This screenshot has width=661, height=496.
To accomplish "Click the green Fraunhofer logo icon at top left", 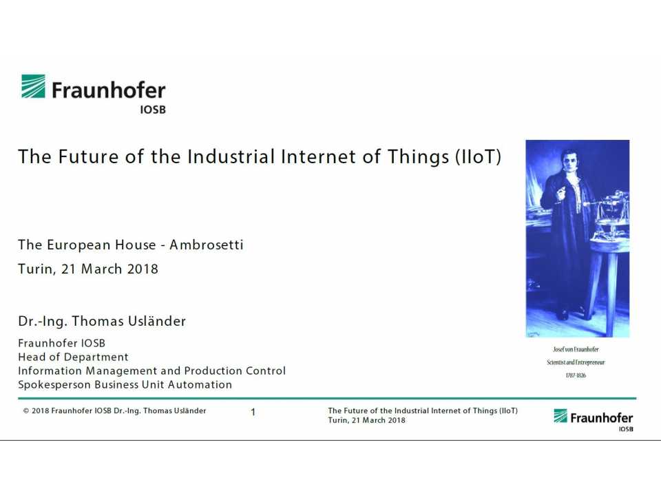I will [33, 87].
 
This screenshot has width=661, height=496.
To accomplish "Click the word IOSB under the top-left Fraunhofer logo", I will [152, 109].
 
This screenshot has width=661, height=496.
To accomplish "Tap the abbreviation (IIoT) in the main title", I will [478, 157].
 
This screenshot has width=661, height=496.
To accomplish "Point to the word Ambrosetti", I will [207, 245].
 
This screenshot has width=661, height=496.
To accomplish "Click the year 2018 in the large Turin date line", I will [142, 269].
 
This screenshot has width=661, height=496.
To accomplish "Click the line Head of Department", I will [73, 357].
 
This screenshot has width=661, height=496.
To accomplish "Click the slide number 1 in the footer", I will [253, 413].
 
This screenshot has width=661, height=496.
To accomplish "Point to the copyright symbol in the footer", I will [26, 411].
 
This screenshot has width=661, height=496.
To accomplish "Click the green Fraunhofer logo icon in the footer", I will [560, 416].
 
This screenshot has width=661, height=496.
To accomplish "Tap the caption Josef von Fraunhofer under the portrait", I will [576, 349].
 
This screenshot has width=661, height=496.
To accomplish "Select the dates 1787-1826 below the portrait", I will [576, 375].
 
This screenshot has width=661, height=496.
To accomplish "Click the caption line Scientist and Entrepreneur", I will [576, 362].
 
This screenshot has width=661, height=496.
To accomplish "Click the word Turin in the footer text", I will [337, 420].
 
